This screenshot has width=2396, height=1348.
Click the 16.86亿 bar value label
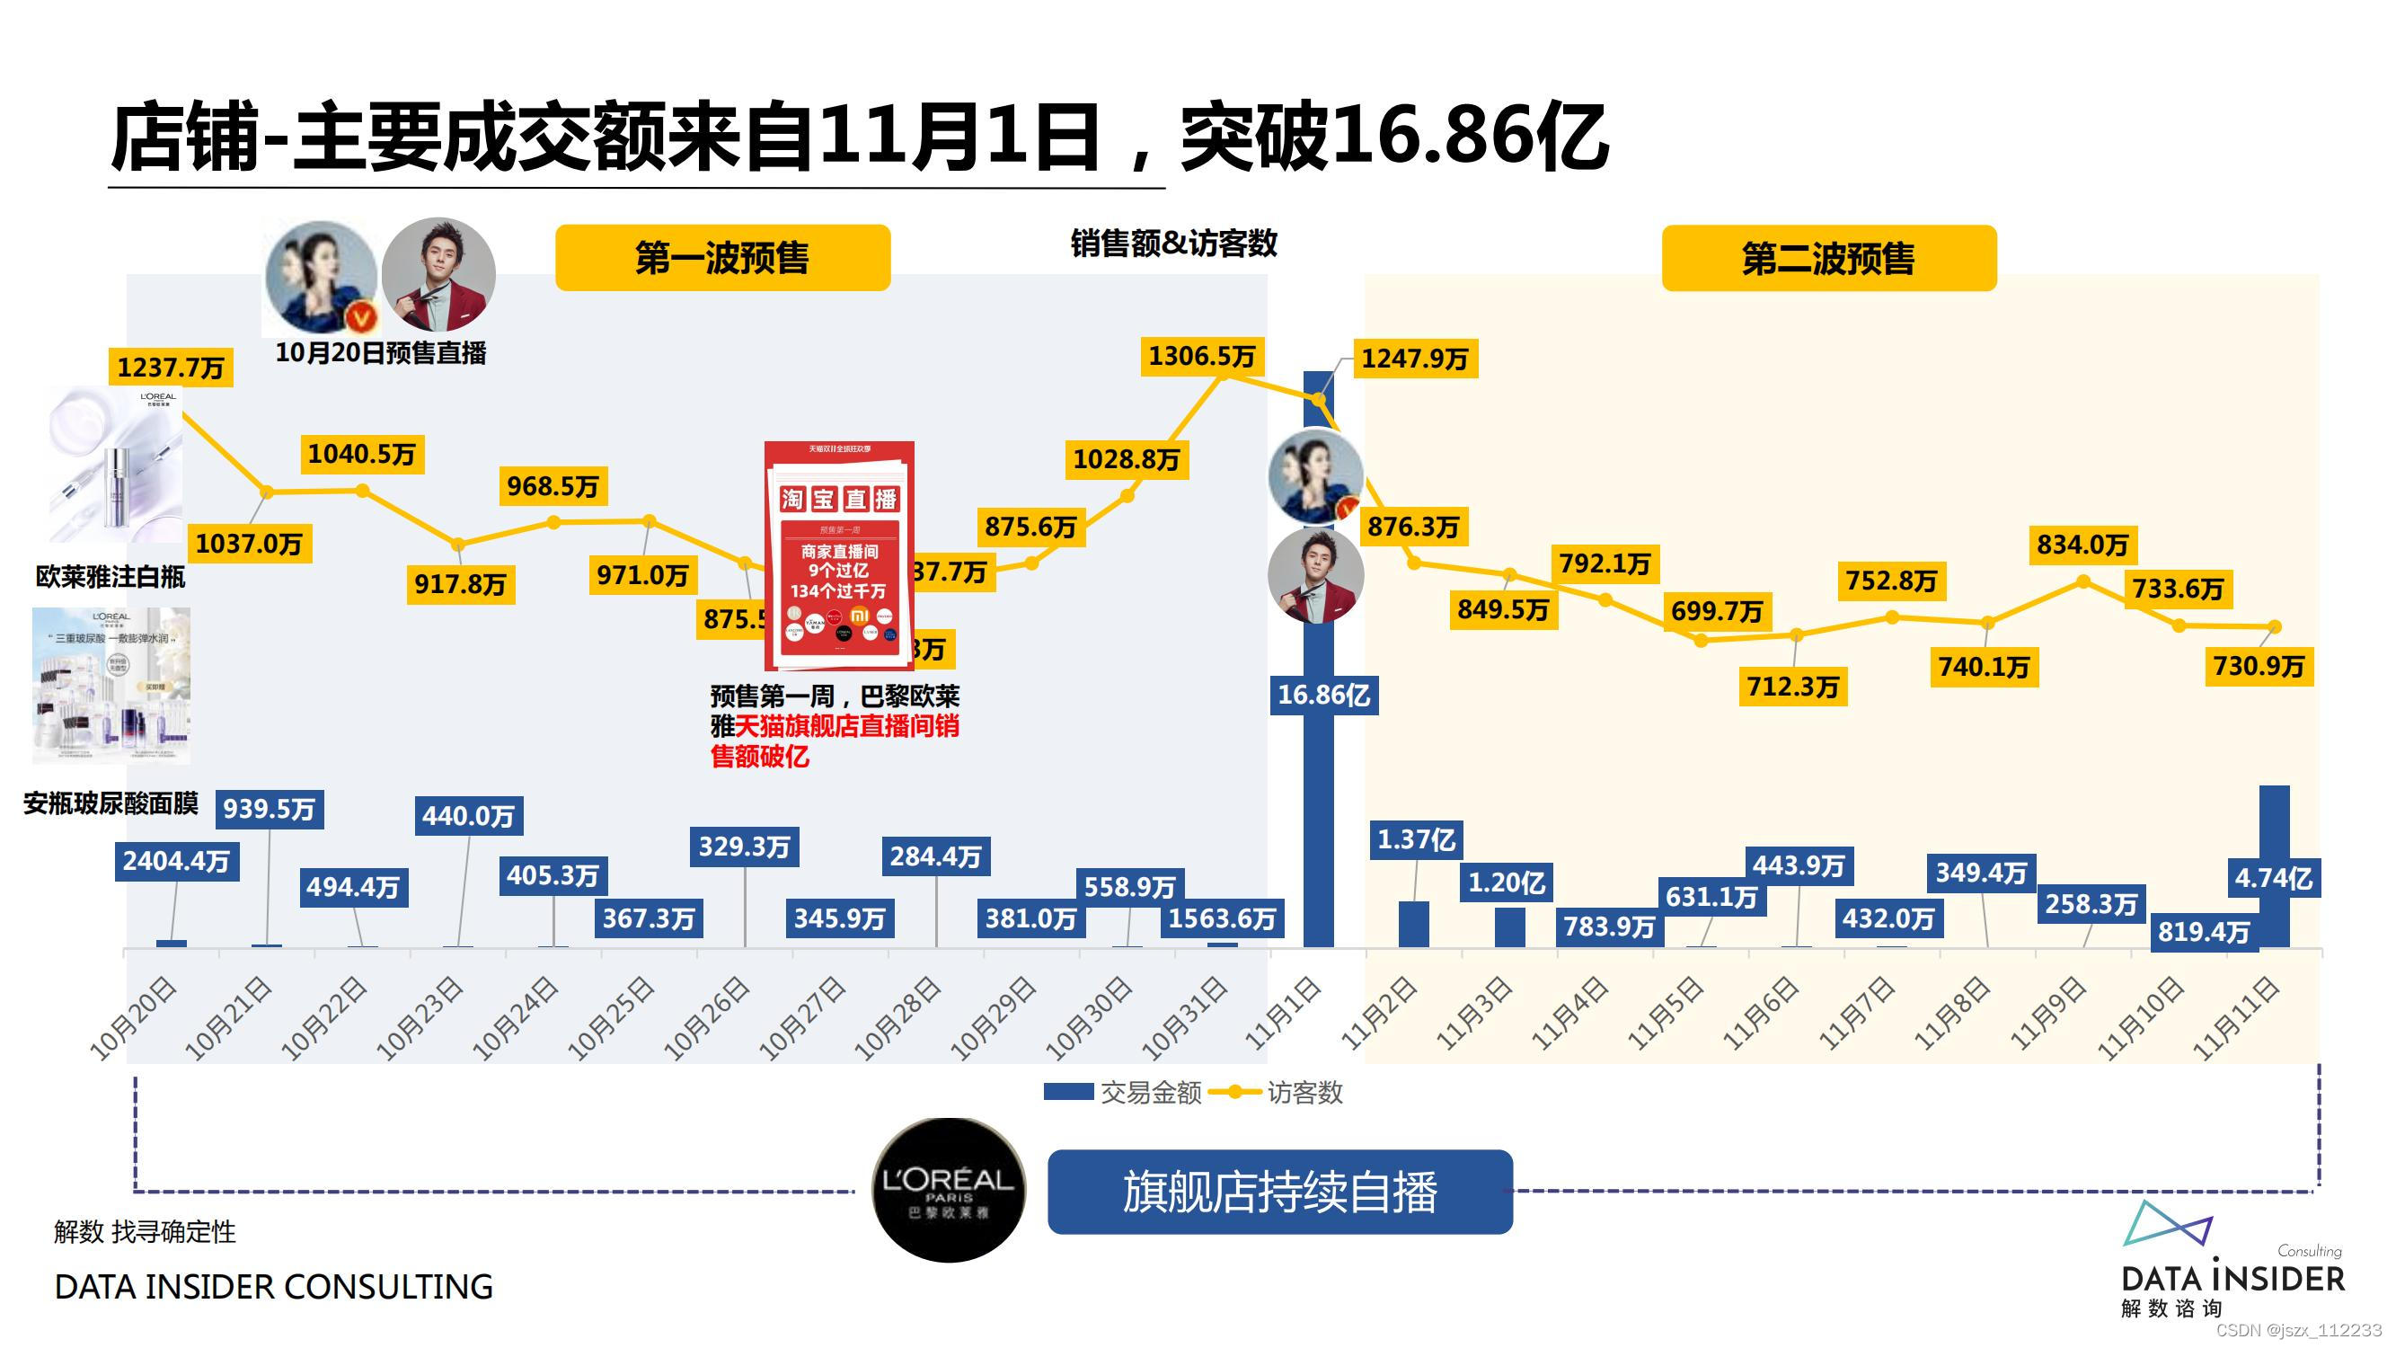click(x=1322, y=695)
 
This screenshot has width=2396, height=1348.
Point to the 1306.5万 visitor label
click(x=1202, y=356)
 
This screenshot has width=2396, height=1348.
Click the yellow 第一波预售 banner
click(x=722, y=258)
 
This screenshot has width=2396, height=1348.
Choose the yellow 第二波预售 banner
click(x=1827, y=258)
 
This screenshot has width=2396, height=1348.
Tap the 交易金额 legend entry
click(x=1123, y=1092)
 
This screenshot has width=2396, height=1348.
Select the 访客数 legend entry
click(x=1288, y=1092)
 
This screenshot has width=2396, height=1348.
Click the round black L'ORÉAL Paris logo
click(x=948, y=1191)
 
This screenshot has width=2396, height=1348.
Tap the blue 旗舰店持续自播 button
click(x=1280, y=1192)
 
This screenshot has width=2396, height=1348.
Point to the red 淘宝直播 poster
click(x=839, y=555)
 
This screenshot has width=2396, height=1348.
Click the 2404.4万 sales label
click(x=176, y=862)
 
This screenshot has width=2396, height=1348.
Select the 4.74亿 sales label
click(x=2273, y=878)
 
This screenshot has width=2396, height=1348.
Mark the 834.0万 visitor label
click(x=2082, y=545)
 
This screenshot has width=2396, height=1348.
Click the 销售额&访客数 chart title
click(x=1174, y=244)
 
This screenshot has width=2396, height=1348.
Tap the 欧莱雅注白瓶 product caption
click(x=111, y=577)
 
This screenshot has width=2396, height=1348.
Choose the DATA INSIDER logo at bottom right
click(x=2232, y=1265)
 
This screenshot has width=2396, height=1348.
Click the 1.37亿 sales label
click(x=1416, y=840)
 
